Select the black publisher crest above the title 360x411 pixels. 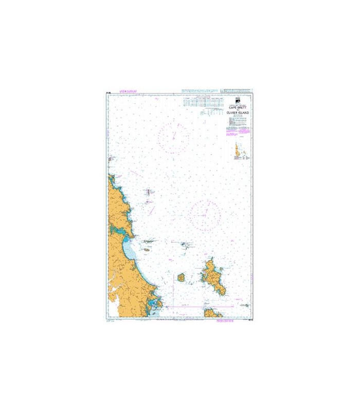237,100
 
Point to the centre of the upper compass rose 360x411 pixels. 174,136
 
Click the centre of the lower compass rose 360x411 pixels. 206,214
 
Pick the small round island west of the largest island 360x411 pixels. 181,277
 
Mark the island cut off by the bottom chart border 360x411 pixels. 211,313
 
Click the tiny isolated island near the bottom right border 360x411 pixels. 247,305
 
